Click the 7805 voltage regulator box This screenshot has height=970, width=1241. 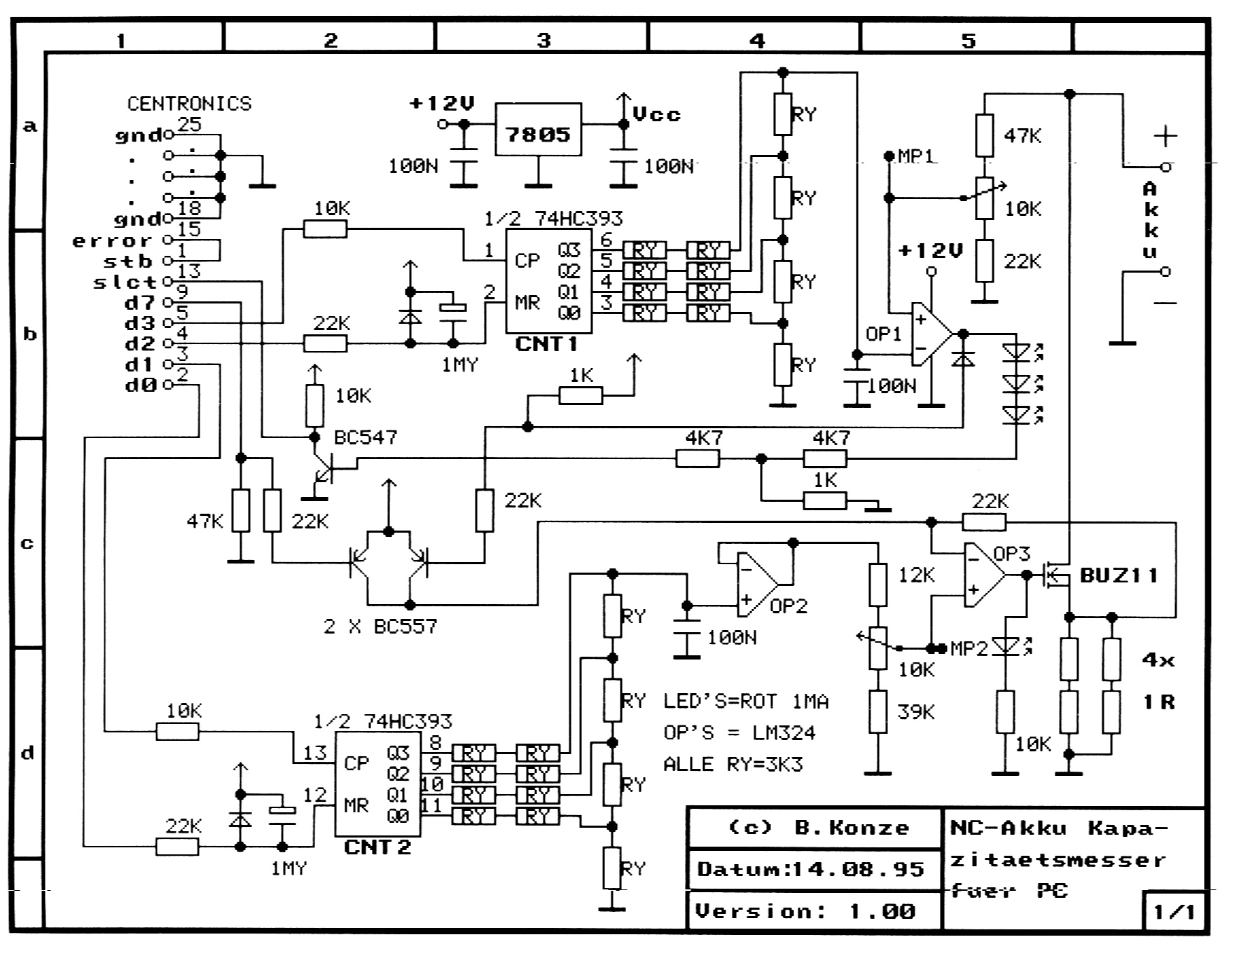point(538,130)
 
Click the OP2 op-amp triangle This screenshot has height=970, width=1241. point(756,585)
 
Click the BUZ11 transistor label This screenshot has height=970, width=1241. point(1118,575)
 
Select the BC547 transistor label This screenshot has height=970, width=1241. point(366,437)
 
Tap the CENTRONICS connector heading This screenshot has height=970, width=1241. point(189,104)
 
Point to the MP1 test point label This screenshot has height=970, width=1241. point(916,156)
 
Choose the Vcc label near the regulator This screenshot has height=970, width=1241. point(656,114)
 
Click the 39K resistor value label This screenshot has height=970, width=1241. point(916,711)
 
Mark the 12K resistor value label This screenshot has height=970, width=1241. point(916,575)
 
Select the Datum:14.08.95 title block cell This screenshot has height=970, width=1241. point(812,869)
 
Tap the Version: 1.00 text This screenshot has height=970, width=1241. point(805,911)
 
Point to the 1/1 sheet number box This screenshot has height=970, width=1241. point(1174,912)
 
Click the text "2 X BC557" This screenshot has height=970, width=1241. point(380,626)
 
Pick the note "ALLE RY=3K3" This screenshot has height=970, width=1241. point(733,764)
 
